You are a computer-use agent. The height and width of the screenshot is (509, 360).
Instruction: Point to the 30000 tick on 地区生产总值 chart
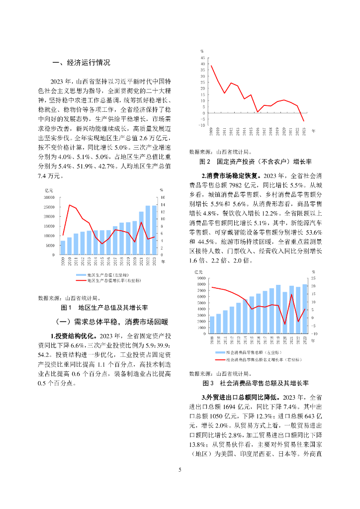[x=49, y=197]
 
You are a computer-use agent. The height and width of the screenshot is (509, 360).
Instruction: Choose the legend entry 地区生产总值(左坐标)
[x=107, y=275]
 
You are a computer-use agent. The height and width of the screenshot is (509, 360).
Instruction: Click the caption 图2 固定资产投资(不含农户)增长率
[x=255, y=162]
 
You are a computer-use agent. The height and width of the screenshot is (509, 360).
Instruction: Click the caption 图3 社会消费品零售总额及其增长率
[x=256, y=384]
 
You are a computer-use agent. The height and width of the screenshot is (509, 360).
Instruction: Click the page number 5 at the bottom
[x=180, y=469]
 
